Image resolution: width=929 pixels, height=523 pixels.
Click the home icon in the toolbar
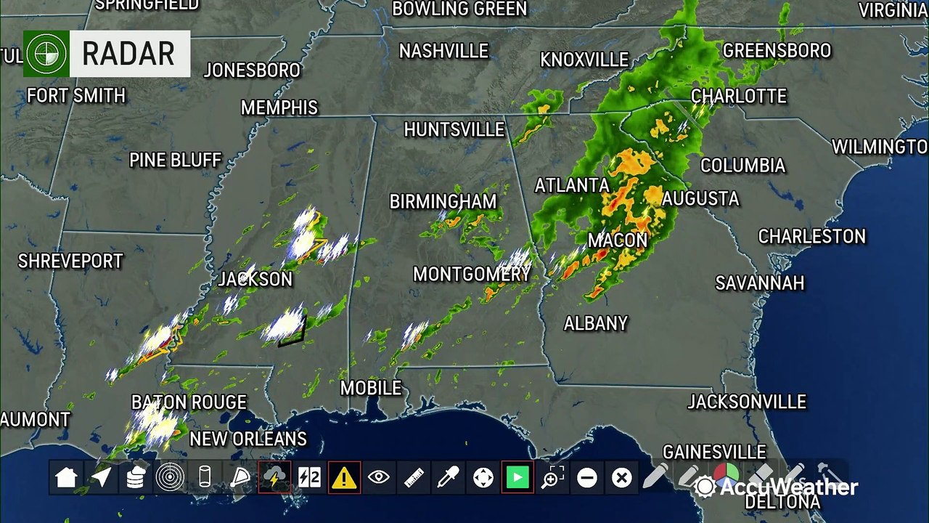point(66,477)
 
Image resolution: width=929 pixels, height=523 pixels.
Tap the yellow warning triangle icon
point(344,477)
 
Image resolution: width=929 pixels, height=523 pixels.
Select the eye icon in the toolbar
point(379,477)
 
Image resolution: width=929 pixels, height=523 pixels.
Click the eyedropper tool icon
point(448,477)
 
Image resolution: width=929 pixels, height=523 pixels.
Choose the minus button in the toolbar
point(587,477)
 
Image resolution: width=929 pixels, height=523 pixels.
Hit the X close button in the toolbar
point(621,477)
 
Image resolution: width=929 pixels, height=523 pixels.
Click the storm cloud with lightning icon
point(274,477)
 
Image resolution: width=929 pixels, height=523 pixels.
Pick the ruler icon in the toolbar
point(414,477)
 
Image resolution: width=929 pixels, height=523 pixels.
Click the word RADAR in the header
point(128,54)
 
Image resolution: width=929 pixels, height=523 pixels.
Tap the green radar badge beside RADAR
point(46,54)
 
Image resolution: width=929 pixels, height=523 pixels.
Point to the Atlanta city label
point(572,185)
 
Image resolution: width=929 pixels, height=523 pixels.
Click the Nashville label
point(443,52)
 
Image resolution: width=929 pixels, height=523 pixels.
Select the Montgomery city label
point(472,274)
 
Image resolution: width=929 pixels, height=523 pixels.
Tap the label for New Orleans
point(248,439)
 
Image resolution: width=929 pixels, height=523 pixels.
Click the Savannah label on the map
point(760,283)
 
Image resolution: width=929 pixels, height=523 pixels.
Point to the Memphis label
point(279,108)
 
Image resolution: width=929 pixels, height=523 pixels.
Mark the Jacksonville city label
point(747,402)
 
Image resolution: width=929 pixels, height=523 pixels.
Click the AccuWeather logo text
point(787,487)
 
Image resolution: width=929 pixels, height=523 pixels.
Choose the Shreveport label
point(70,261)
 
